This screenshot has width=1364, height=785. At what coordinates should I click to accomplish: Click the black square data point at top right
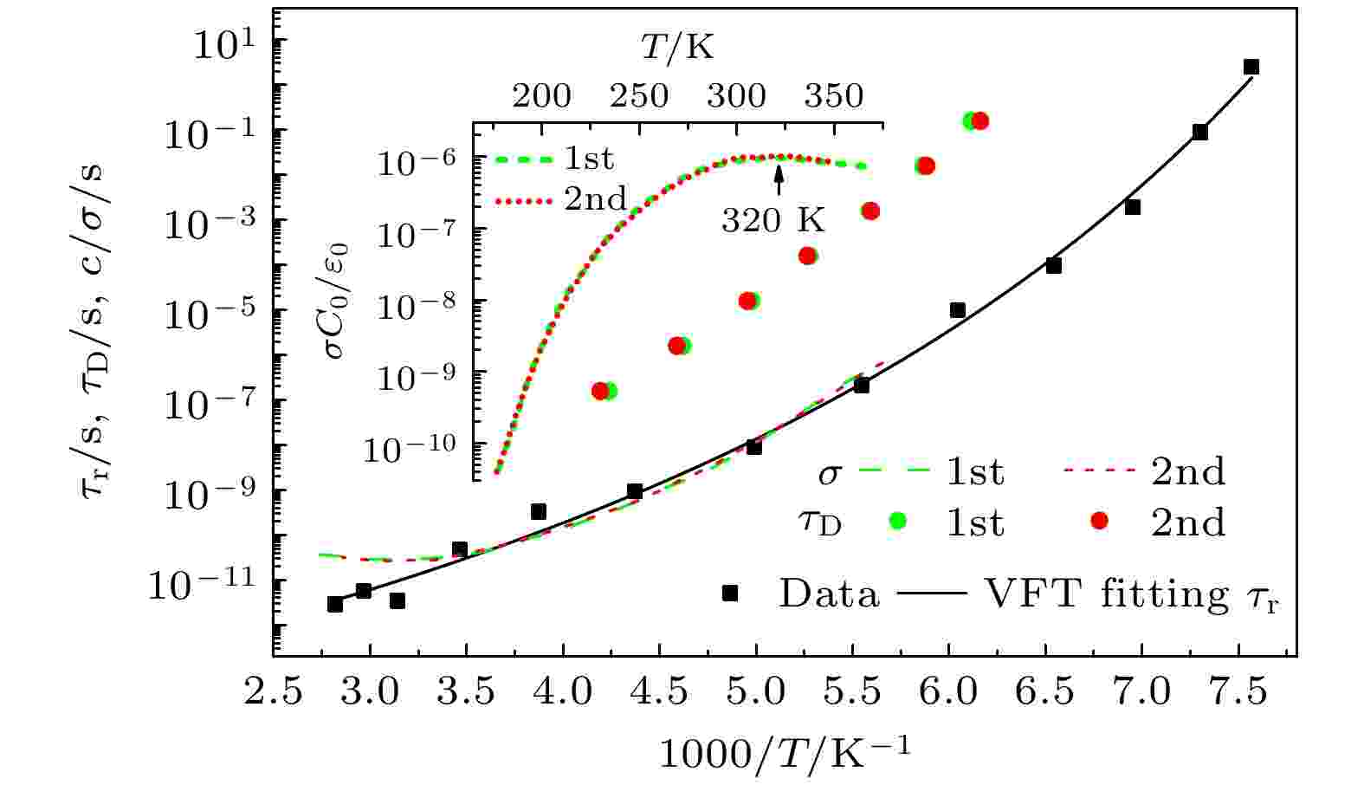coord(1251,67)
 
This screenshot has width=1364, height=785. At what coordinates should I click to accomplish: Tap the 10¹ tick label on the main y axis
coord(220,43)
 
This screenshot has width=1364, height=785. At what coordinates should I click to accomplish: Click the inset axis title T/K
coord(677,48)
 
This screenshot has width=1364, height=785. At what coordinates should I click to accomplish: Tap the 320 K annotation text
coord(773,221)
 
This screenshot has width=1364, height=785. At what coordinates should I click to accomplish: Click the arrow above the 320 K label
coord(779,178)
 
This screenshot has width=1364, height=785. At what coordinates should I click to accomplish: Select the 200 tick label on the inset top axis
coord(541,95)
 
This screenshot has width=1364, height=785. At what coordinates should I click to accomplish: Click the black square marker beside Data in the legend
coord(730,594)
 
